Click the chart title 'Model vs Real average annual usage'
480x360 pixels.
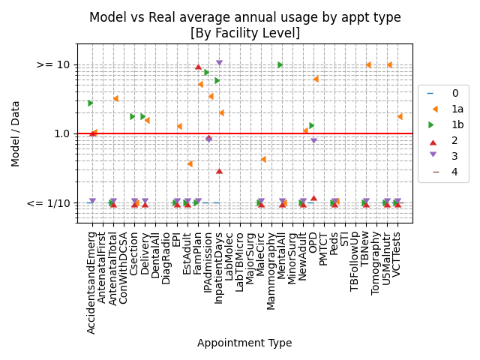coord(244,17)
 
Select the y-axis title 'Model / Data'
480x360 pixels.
coord(16,133)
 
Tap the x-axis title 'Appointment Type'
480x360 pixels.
coord(244,343)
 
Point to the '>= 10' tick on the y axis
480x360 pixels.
coord(53,65)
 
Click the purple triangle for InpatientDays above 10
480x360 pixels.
coord(219,63)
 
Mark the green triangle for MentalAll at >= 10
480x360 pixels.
coord(280,65)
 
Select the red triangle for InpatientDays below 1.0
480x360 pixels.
coord(219,170)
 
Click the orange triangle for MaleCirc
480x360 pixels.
coord(263,159)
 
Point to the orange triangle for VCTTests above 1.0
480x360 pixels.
coord(400,116)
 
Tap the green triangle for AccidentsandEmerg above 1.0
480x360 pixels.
coord(90,103)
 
